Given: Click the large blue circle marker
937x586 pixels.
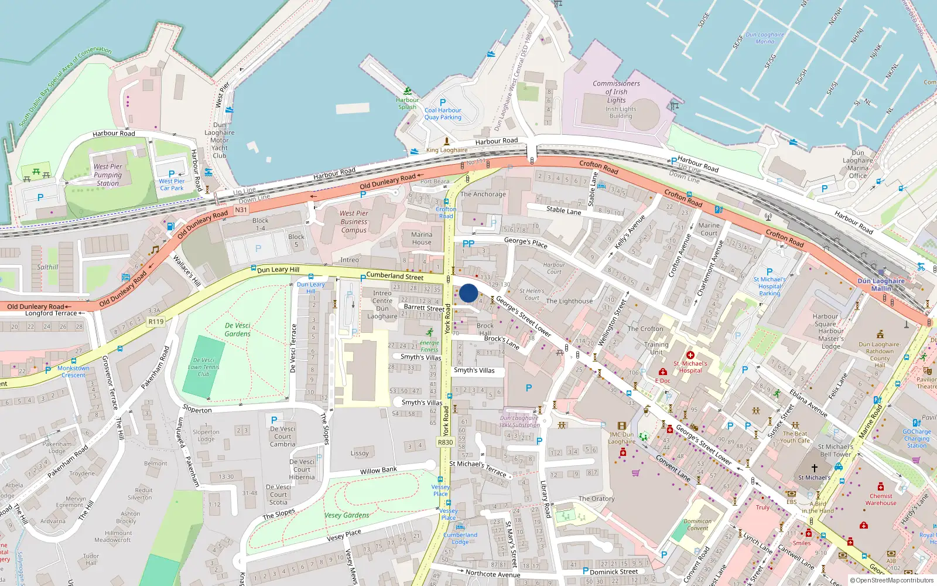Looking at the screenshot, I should point(468,293).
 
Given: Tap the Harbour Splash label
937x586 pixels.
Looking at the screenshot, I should point(407,103).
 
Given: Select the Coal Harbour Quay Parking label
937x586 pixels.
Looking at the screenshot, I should point(443,114).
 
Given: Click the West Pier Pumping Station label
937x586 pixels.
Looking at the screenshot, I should point(108,175).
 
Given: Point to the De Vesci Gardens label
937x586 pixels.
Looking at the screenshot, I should point(237,329).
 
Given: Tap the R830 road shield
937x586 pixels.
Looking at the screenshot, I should point(445,442).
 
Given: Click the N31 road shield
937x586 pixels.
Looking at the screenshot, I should point(241,210).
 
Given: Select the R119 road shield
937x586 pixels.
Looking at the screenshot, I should point(156,321).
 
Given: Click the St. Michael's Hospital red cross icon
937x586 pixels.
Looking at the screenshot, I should point(690,355).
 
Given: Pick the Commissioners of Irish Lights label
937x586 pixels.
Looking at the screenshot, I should point(616,91).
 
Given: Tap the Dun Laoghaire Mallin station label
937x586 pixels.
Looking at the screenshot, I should point(881,284).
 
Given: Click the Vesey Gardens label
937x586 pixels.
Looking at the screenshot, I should point(347,515).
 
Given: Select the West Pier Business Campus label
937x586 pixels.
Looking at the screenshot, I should point(354,222).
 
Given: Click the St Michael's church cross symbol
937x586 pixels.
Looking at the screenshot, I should point(814,468).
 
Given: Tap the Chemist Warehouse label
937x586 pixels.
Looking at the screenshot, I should point(881,499).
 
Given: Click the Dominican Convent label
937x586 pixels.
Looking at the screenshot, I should point(697,524).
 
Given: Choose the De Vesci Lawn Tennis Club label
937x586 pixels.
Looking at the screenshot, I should point(203,367).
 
